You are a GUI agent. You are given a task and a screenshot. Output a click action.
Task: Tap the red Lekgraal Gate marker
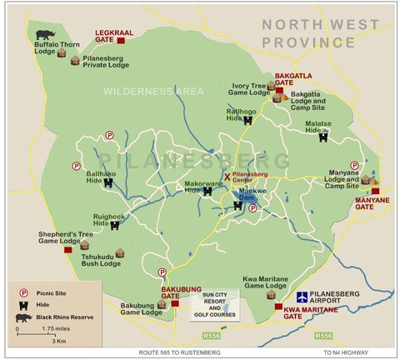[121, 39]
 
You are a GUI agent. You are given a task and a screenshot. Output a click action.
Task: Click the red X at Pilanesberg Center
[226, 176]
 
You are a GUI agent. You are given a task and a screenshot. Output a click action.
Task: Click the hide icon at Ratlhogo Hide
[247, 120]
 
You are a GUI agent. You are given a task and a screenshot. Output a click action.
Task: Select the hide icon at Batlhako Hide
[107, 183]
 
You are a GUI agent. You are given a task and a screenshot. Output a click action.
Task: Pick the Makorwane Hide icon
[207, 191]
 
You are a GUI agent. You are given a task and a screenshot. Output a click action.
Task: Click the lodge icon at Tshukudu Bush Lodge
[119, 253]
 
